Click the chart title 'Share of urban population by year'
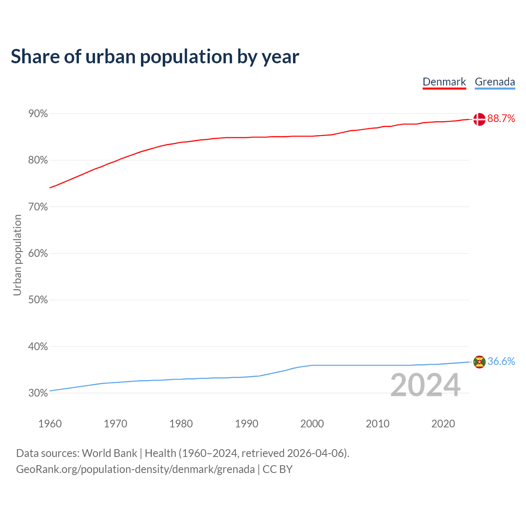coord(155,57)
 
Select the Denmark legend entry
coord(444,82)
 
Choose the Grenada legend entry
coord(495,82)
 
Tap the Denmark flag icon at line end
coord(479,119)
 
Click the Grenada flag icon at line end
coord(479,362)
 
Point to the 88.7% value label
coord(501,119)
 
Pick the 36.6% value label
coord(501,361)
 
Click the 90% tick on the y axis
coord(38,114)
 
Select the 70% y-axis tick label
coord(38,207)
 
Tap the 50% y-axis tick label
coord(38,300)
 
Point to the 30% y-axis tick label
coord(38,393)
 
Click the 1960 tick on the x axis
coord(50,424)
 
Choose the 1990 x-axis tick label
coord(247,424)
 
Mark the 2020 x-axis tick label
coord(443,424)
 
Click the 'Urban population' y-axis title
coord(17,255)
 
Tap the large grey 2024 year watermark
coord(425,385)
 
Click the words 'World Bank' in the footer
coord(109,453)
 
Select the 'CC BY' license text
coord(277,469)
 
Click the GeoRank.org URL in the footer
coord(135,469)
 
